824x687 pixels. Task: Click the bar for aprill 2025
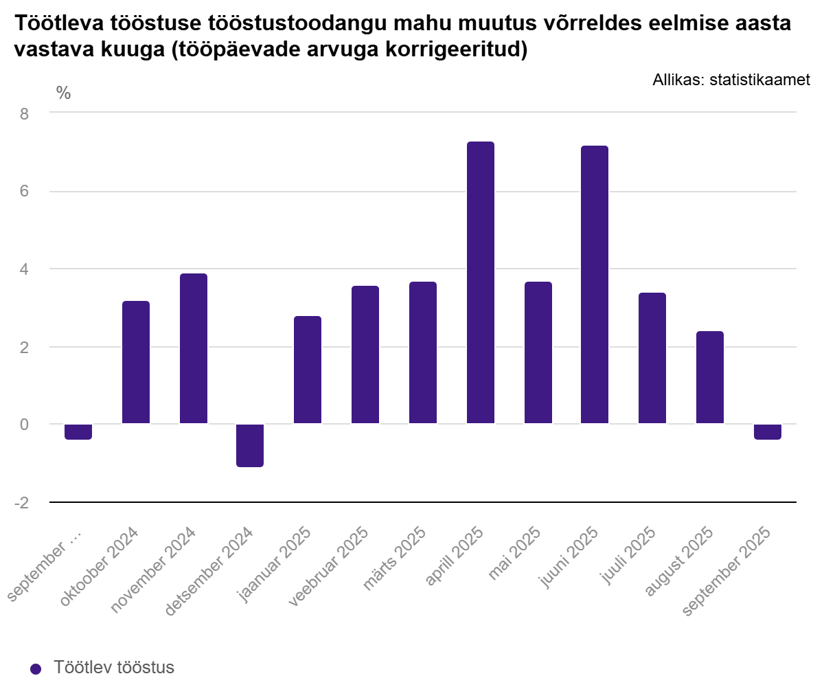tap(480, 282)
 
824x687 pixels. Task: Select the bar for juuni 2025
tap(594, 284)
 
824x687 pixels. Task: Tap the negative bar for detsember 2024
tap(249, 445)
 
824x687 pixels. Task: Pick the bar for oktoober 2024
tap(135, 362)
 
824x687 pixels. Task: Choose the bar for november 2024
tap(193, 348)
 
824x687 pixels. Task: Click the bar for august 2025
tap(709, 377)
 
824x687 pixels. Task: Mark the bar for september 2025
tap(767, 431)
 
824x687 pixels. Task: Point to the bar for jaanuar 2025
tap(307, 370)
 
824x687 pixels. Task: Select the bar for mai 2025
tap(538, 352)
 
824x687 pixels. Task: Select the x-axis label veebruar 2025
tap(329, 567)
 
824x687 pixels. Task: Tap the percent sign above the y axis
tap(63, 93)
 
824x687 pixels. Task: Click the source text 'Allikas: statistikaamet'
tap(731, 80)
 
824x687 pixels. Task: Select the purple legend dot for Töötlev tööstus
tap(36, 668)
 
